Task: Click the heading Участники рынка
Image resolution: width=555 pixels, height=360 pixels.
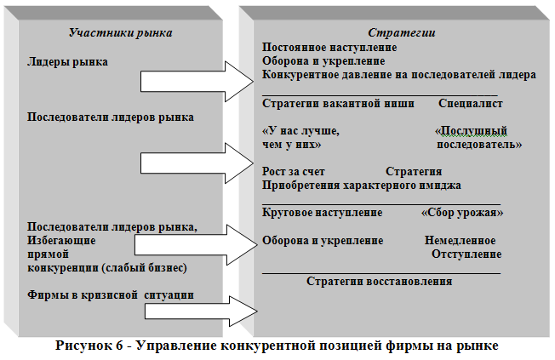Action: pyautogui.click(x=120, y=32)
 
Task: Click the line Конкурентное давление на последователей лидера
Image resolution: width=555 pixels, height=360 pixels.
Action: pyautogui.click(x=399, y=75)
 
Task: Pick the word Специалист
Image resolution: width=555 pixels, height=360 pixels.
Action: pyautogui.click(x=471, y=103)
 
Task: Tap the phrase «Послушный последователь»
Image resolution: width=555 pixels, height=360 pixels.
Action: pyautogui.click(x=477, y=139)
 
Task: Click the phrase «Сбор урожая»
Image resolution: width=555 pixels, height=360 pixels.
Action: pyautogui.click(x=462, y=211)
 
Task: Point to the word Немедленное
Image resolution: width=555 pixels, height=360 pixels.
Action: pyautogui.click(x=461, y=240)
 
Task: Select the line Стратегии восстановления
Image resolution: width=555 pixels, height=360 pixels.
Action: pyautogui.click(x=379, y=281)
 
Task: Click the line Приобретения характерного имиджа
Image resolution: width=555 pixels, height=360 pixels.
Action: pyautogui.click(x=362, y=184)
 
